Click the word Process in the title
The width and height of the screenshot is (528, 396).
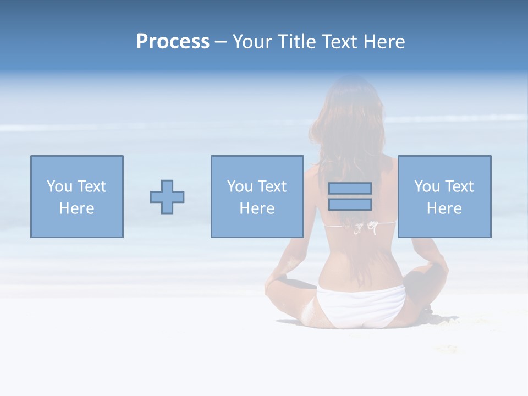click(x=173, y=42)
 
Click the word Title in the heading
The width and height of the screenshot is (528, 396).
click(x=299, y=42)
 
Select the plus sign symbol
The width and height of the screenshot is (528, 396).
click(x=167, y=196)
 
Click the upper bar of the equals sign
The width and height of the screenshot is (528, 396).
click(x=350, y=188)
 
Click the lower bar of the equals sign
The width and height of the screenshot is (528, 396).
click(x=350, y=205)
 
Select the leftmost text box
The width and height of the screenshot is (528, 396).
click(x=77, y=196)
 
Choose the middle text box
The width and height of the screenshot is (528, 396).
click(x=257, y=196)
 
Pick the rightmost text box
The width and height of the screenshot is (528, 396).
click(x=444, y=196)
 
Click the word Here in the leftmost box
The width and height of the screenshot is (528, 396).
click(x=77, y=208)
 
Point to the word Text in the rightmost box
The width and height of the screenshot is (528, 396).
click(x=458, y=186)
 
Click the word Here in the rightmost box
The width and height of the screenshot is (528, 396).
click(x=444, y=208)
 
